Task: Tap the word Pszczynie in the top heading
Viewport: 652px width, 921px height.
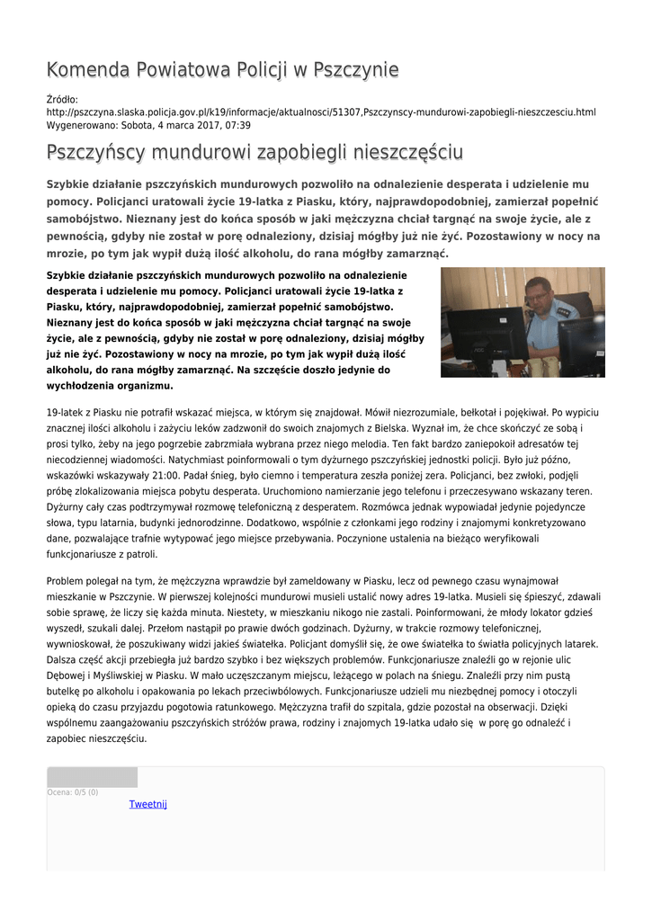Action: point(353,70)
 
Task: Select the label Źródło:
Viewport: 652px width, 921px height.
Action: point(62,100)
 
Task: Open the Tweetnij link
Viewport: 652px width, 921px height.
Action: point(148,804)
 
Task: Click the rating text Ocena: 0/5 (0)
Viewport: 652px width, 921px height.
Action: point(73,792)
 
